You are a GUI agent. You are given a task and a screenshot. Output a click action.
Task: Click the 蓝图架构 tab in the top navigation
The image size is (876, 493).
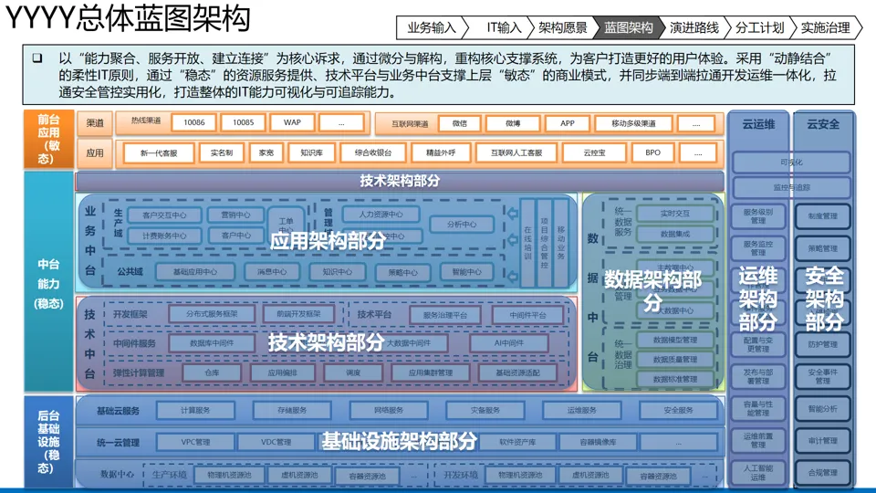coord(629,27)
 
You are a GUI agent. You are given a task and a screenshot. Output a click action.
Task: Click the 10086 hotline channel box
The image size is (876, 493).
coord(194,122)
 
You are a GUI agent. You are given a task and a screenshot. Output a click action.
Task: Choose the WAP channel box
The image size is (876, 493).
coord(292,122)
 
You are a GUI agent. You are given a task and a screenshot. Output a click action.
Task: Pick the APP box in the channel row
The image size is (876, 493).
coord(567,123)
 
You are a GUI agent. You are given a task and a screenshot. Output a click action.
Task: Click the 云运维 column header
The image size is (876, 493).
coord(758,123)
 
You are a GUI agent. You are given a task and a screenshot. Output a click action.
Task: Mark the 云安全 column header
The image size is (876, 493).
coord(823,123)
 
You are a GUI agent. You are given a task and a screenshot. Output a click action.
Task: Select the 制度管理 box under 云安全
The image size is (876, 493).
coord(822,217)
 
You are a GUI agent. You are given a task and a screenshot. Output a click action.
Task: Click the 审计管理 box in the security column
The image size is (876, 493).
coord(822,441)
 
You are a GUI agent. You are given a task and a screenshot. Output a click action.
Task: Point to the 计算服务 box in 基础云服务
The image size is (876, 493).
coord(195,411)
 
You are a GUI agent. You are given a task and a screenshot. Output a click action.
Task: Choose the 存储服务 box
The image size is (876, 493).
coord(292,411)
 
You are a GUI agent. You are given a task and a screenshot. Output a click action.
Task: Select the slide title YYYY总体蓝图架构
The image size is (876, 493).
coord(128,20)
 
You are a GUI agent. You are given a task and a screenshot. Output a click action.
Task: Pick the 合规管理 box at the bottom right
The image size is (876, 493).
coord(822,473)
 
